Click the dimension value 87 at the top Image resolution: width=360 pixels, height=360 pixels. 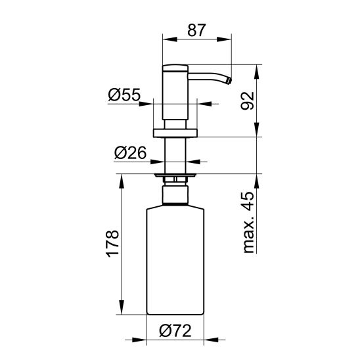pos(197,30)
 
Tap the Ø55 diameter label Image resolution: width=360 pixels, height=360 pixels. pos(124,95)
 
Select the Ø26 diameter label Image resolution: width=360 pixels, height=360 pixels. pos(130,152)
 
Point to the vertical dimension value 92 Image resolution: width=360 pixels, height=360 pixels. pos(248,101)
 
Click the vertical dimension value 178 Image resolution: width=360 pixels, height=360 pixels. pos(112,243)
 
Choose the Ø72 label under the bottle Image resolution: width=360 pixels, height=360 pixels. pos(175,331)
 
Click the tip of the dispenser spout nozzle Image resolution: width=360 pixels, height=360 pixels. pos(229,81)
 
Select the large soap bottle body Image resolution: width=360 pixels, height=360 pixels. pos(175,260)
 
